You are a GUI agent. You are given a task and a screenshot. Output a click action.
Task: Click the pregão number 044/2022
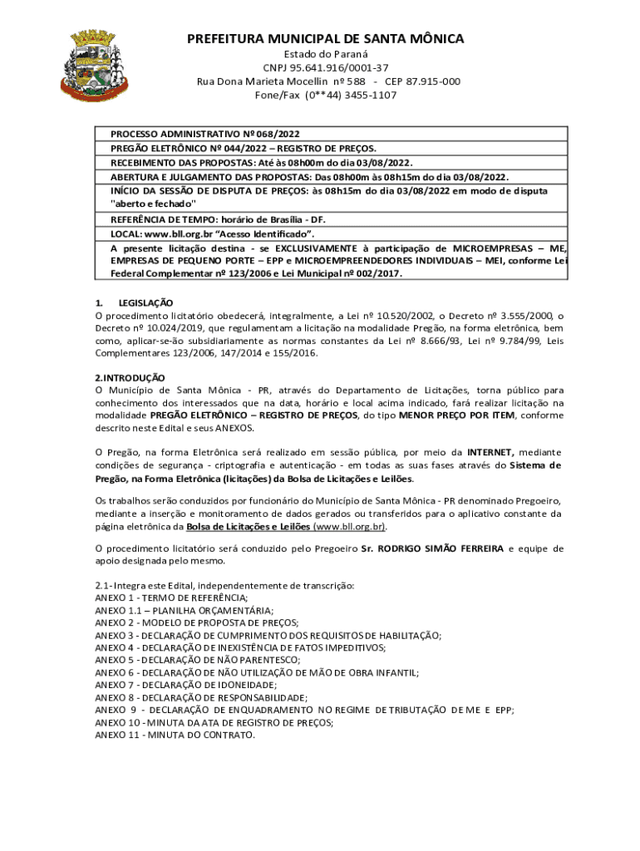point(219,148)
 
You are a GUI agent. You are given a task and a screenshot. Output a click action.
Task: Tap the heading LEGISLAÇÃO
point(145,303)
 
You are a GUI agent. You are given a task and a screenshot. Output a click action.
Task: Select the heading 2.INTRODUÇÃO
point(130,377)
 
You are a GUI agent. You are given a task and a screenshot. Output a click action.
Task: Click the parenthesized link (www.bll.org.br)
point(350,527)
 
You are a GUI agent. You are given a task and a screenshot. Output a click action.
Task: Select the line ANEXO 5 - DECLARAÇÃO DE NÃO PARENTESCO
point(198,660)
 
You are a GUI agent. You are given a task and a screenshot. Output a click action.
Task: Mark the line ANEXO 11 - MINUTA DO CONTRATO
point(175,735)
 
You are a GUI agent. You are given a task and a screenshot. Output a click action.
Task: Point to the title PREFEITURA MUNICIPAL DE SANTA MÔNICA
point(325,38)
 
